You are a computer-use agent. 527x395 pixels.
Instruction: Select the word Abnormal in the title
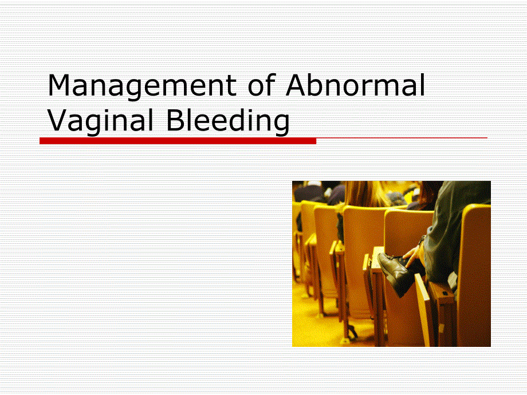(x=355, y=86)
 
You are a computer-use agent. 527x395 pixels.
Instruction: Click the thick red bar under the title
(x=178, y=140)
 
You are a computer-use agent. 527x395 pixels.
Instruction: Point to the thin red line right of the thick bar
(x=401, y=138)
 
